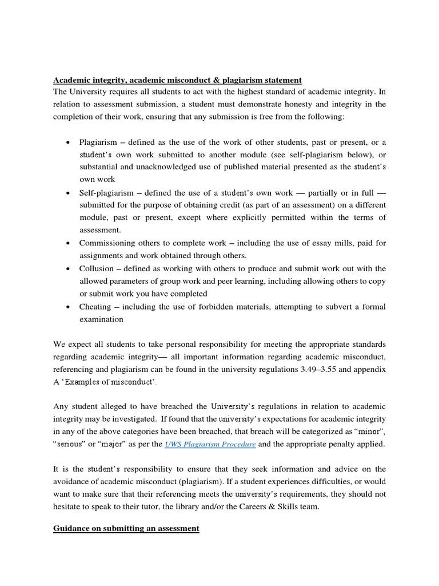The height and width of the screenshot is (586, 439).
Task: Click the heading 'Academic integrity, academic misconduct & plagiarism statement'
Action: (177, 80)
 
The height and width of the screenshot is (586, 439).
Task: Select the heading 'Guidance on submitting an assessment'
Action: (126, 529)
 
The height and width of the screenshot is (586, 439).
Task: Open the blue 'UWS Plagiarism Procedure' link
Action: (210, 444)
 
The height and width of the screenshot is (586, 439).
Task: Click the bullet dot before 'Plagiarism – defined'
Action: (69, 142)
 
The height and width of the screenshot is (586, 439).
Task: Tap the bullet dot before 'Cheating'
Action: (69, 307)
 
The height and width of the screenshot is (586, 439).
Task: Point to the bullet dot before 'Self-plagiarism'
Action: (69, 192)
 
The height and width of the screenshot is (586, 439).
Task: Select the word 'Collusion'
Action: (97, 268)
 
